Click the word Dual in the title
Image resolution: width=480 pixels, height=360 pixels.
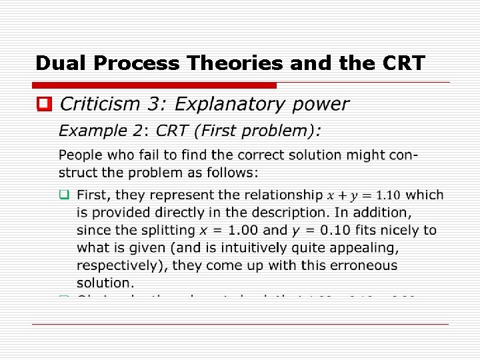pyautogui.click(x=62, y=63)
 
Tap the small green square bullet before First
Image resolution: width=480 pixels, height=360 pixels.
pyautogui.click(x=64, y=195)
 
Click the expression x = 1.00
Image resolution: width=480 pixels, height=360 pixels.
pyautogui.click(x=229, y=230)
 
